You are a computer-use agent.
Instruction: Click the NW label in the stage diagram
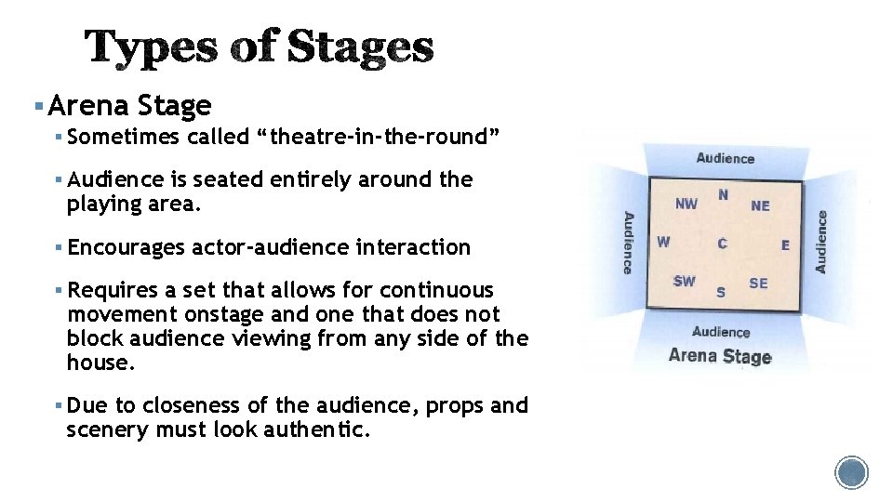[686, 204]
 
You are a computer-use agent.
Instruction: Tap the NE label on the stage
[760, 205]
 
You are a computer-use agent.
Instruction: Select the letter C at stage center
[722, 244]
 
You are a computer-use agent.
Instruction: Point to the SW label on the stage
[684, 281]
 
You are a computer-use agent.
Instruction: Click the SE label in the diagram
[758, 283]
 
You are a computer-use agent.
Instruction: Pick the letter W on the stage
[663, 242]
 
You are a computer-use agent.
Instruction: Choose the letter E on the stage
[785, 245]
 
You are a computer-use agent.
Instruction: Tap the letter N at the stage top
[723, 194]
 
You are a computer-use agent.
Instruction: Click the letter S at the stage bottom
[721, 292]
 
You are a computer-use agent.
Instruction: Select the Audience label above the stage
[725, 158]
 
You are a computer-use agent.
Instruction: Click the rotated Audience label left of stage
[628, 243]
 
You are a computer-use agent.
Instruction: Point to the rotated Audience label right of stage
[821, 242]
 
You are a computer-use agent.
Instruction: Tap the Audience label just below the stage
[721, 332]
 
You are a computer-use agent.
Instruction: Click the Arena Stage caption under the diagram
[720, 356]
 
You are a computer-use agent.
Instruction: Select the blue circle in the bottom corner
[851, 472]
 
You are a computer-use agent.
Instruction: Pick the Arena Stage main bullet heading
[129, 105]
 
